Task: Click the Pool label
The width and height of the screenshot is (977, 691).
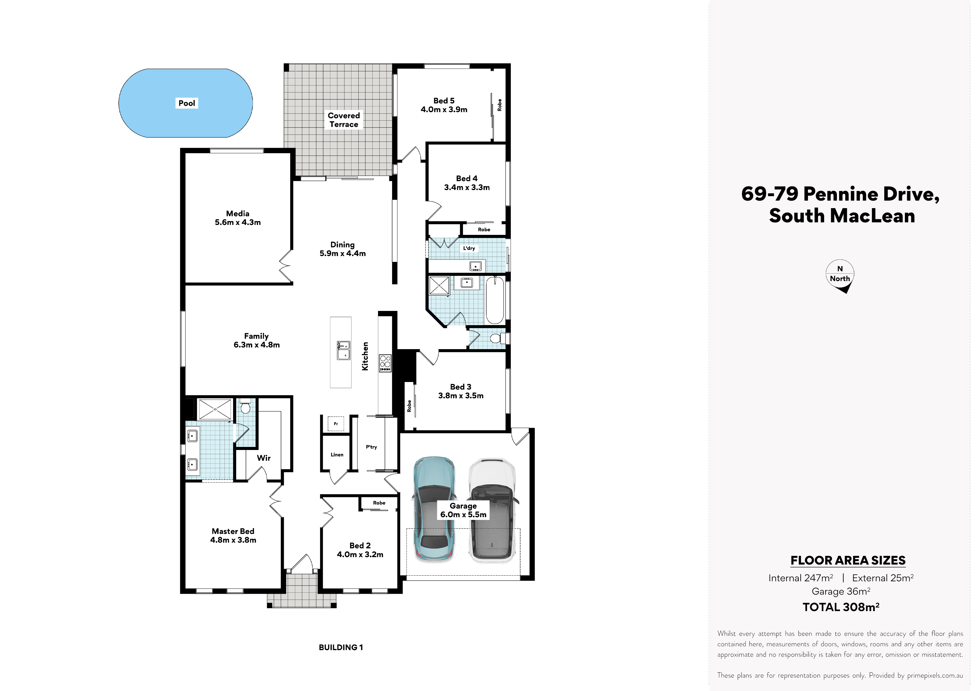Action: tap(187, 103)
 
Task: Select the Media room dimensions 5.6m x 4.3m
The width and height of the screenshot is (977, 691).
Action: tap(238, 222)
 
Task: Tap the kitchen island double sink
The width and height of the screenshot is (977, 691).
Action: tap(343, 351)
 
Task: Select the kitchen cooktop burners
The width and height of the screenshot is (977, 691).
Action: tap(385, 363)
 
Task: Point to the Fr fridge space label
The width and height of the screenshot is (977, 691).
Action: tap(336, 424)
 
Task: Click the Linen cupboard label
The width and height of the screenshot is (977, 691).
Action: tap(337, 455)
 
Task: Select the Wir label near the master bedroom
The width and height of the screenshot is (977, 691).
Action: tap(264, 458)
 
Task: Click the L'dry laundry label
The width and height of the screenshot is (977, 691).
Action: tap(469, 248)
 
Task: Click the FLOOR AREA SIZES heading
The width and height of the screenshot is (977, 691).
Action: tap(848, 560)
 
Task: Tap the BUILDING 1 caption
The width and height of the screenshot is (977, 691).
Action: tap(341, 648)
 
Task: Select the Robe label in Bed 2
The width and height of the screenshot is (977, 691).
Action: tap(379, 503)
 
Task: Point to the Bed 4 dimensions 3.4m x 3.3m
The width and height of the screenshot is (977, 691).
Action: tap(467, 187)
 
